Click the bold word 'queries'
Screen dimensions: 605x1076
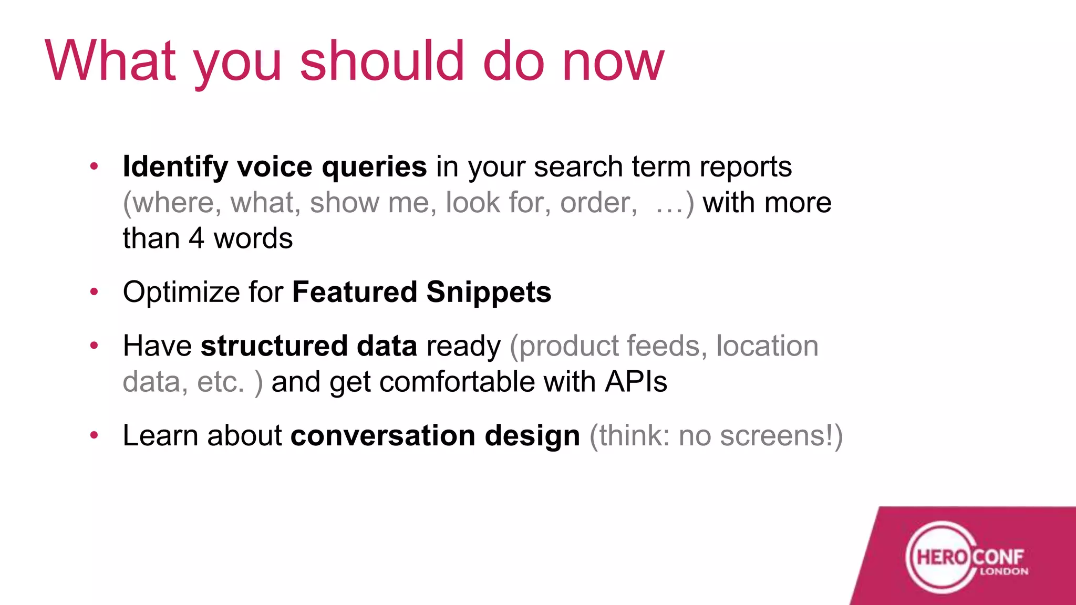click(x=374, y=167)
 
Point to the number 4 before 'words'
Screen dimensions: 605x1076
click(x=196, y=238)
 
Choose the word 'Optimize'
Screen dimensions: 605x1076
click(x=181, y=293)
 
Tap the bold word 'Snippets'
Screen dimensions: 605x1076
click(x=489, y=293)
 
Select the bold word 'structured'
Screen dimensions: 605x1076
click(x=274, y=346)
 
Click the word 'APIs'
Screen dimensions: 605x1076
click(x=636, y=381)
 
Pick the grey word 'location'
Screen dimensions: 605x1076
click(x=767, y=346)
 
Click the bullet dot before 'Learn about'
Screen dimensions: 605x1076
click(x=94, y=435)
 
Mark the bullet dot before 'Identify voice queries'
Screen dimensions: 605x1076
click(x=94, y=166)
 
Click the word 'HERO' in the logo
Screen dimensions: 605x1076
click(x=941, y=557)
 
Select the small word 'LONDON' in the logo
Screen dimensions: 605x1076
click(x=1003, y=571)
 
